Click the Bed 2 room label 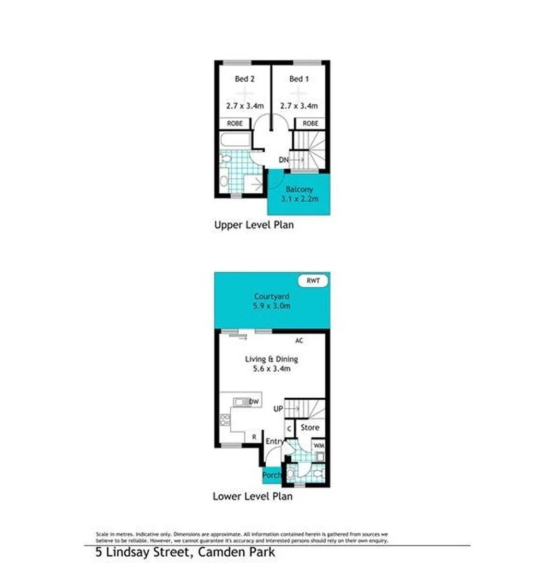(244, 79)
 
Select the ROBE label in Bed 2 (234, 124)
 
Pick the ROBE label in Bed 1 (310, 124)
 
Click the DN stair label (283, 160)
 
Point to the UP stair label (278, 409)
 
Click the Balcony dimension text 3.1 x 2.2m (299, 199)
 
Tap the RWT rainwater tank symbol (313, 281)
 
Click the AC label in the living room (299, 340)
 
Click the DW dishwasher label (254, 402)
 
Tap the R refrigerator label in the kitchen (254, 437)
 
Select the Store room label (310, 427)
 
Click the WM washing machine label (318, 446)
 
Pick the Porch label (271, 475)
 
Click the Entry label (275, 442)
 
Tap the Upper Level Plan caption (254, 225)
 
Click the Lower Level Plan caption (252, 496)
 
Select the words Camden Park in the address (235, 552)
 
